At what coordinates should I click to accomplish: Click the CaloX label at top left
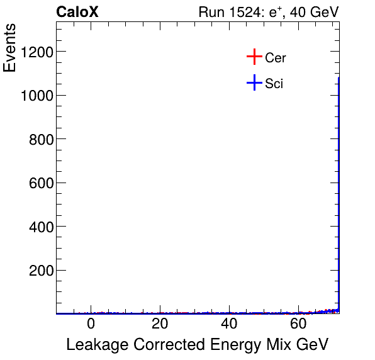point(77,12)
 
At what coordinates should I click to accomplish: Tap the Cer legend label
point(276,58)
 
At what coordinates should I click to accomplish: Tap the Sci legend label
point(274,83)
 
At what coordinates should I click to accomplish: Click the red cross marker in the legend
point(254,57)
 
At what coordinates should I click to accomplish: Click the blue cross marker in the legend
point(254,82)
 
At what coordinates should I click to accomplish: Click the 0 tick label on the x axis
point(91,324)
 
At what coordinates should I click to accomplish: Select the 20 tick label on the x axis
point(160,324)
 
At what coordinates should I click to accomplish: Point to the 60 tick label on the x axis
point(299,324)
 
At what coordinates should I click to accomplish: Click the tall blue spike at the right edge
point(339,189)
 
